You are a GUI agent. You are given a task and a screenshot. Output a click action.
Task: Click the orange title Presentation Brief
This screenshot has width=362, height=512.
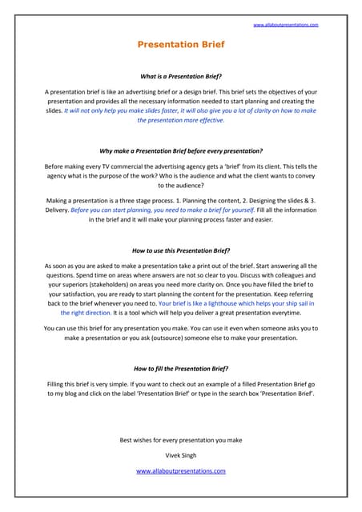181,45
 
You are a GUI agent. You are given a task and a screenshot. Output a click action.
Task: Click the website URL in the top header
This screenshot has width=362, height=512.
285,26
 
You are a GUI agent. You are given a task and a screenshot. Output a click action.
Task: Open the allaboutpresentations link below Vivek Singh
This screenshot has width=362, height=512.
181,471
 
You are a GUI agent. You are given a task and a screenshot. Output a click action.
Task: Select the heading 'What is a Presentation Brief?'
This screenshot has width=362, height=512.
181,78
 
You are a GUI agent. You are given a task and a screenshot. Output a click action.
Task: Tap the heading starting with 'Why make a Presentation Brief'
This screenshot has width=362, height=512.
181,150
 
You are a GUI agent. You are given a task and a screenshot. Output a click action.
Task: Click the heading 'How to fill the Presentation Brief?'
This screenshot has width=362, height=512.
181,369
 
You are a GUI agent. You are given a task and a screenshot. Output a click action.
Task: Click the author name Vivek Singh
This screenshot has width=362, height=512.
181,455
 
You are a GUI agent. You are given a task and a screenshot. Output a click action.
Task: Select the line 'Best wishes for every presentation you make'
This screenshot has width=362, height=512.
181,440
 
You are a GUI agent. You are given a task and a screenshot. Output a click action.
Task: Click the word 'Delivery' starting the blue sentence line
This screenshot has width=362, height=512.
56,210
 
